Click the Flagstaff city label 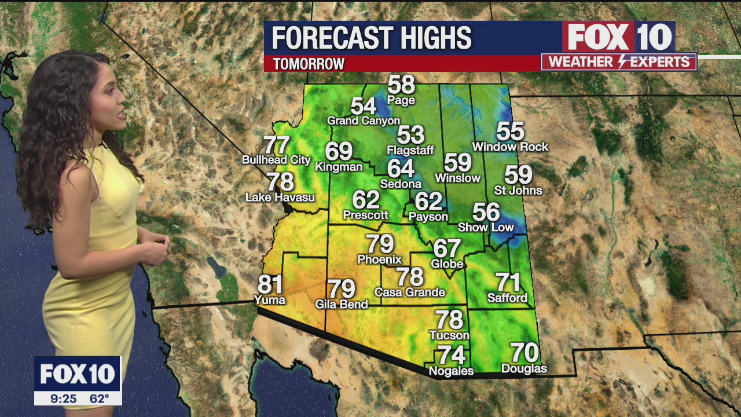click(410, 151)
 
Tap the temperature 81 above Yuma click(270, 284)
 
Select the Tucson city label click(449, 335)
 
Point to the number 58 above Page click(401, 85)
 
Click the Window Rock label click(510, 147)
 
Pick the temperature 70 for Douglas click(524, 352)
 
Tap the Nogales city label click(451, 371)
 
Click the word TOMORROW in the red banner click(309, 64)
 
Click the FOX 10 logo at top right click(618, 37)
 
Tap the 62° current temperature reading click(99, 398)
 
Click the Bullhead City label click(276, 160)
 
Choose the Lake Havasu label click(280, 197)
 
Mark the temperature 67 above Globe click(447, 248)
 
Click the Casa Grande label click(409, 292)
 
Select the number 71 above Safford click(508, 283)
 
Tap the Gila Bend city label click(342, 304)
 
